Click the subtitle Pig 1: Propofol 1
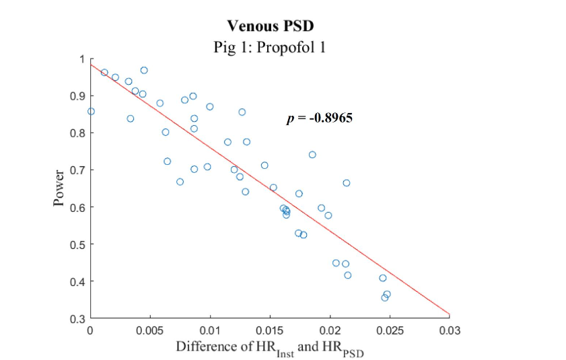[x=270, y=48]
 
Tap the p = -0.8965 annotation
[x=320, y=118]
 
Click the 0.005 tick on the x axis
[x=150, y=330]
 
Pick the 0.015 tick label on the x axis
[x=270, y=330]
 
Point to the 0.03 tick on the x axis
[x=450, y=330]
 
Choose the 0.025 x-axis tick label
[x=390, y=330]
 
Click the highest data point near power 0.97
[x=144, y=70]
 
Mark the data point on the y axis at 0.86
[x=91, y=111]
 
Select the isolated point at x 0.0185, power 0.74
[x=312, y=155]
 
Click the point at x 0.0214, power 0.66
[x=346, y=183]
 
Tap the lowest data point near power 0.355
[x=384, y=297]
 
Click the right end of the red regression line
[x=449, y=314]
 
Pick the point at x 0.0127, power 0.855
[x=242, y=112]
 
